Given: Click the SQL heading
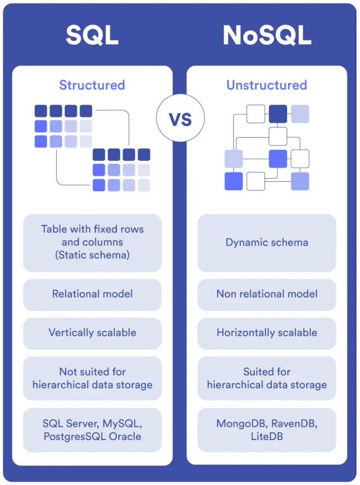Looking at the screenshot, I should pos(92,35).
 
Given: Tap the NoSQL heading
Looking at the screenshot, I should pos(267,35).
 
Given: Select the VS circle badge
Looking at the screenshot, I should pos(180,118).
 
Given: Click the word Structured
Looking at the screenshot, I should pos(92,85).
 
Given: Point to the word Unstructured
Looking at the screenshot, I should pos(267,85).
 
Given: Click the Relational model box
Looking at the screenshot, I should pos(92,294).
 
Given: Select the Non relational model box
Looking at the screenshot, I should pos(267,294).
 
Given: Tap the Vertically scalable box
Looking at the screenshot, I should pos(92,332).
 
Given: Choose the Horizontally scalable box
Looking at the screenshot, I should pos(267,332).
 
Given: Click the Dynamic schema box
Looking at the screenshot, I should pos(267,242).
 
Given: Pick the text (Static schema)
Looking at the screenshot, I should pos(92,255).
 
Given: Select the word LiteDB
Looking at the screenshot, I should pos(267,436).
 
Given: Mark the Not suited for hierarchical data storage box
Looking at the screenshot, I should pos(92,378).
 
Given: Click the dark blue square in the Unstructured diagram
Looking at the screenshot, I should pos(278,114).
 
